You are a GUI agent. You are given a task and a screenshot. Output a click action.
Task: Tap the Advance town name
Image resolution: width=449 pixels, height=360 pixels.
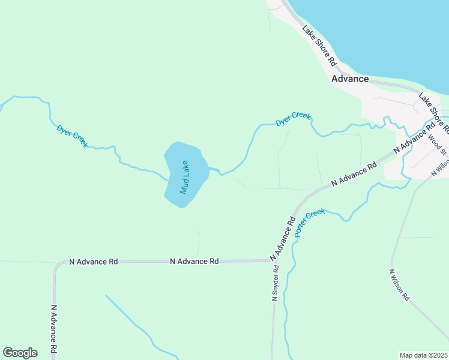[x=350, y=79]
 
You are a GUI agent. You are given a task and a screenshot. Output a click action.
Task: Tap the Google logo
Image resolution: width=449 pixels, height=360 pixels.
[x=20, y=353]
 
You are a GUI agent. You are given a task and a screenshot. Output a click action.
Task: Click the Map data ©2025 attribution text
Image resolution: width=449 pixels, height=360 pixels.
[x=424, y=355]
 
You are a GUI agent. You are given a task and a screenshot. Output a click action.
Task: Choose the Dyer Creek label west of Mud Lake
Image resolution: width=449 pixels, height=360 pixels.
[x=73, y=136]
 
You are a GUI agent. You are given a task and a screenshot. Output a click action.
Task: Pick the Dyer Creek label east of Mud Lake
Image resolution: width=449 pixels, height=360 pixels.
[x=293, y=118]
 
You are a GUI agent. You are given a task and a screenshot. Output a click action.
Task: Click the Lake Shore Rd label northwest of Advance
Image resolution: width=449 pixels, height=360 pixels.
[x=319, y=46]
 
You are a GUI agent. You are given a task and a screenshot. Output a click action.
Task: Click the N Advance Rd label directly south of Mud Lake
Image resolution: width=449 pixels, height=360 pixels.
[x=194, y=261]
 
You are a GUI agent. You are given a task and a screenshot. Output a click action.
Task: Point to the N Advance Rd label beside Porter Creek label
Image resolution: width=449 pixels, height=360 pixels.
[x=284, y=239]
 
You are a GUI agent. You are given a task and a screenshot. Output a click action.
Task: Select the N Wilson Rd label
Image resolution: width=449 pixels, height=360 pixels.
[x=399, y=284]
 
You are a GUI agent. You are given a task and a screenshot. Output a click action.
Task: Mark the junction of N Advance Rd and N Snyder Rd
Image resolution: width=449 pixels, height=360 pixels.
[x=273, y=260]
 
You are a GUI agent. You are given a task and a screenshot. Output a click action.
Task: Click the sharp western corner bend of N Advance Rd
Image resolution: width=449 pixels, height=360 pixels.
[x=56, y=265]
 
